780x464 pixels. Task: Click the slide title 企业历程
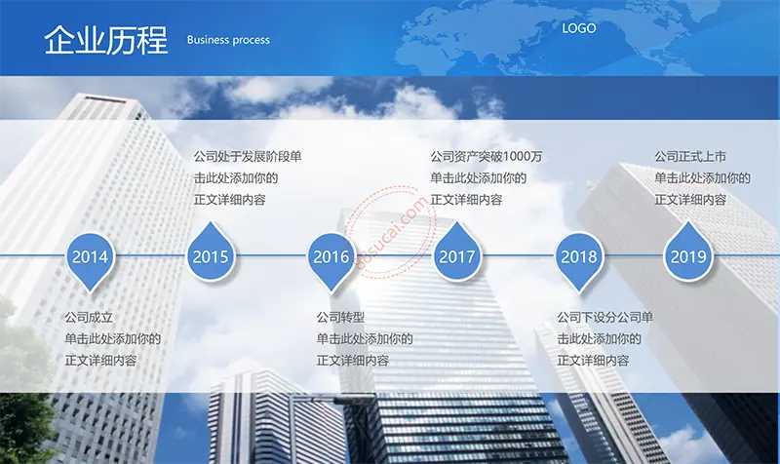click(x=105, y=39)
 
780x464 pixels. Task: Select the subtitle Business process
click(x=228, y=40)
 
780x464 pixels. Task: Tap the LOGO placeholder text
click(x=578, y=28)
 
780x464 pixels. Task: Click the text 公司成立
click(x=89, y=317)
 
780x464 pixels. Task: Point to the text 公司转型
click(x=340, y=317)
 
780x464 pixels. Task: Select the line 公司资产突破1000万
click(x=486, y=157)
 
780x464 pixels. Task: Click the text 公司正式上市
click(x=690, y=157)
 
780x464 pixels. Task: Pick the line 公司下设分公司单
click(x=604, y=317)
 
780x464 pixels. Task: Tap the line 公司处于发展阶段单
click(x=248, y=157)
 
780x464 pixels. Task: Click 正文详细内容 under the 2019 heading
click(x=690, y=200)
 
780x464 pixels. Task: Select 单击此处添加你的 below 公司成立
click(x=113, y=338)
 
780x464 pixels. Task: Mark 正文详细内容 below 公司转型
click(x=353, y=361)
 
